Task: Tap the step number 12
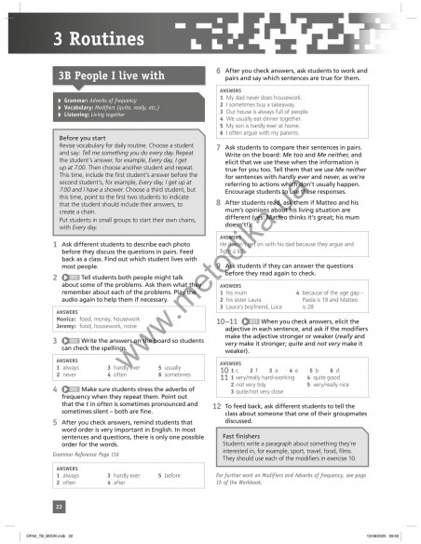[217, 406]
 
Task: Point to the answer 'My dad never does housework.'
[264, 97]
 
